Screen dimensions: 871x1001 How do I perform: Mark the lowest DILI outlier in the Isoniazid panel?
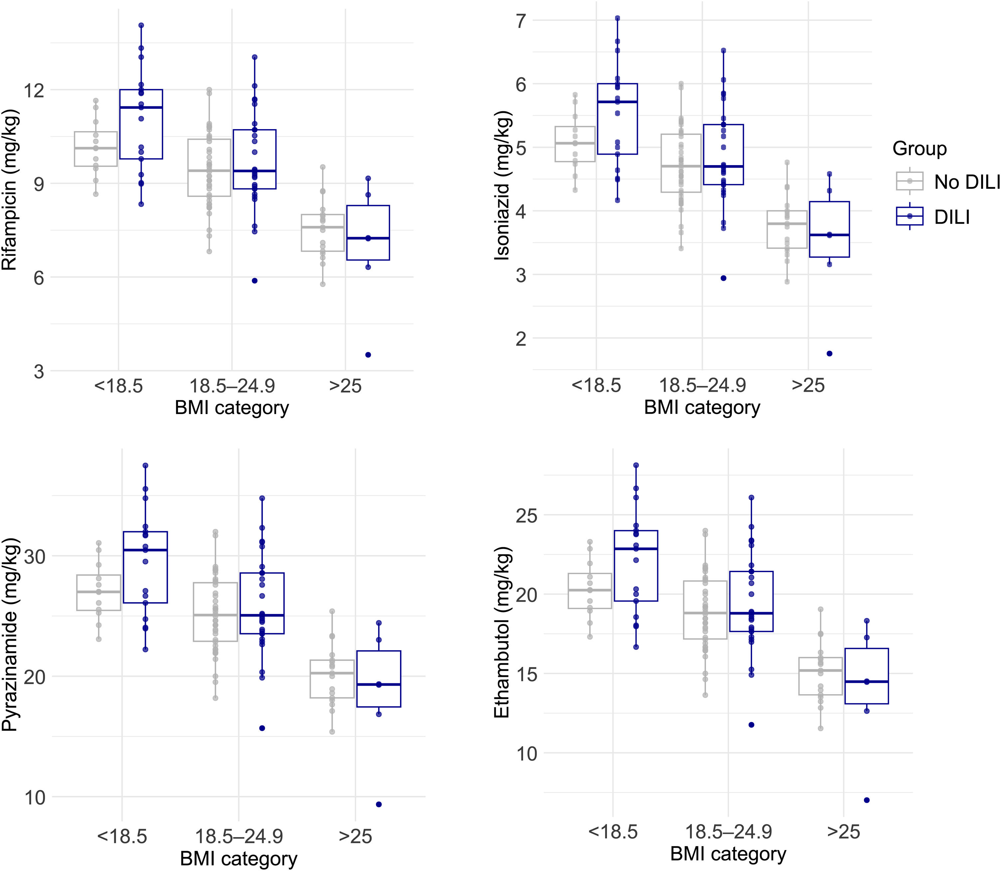coord(830,353)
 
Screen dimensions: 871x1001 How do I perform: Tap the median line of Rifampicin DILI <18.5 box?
coord(141,108)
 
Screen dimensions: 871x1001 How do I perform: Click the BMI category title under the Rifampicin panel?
coord(232,408)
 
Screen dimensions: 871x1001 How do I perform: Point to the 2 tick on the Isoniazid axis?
coord(521,338)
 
